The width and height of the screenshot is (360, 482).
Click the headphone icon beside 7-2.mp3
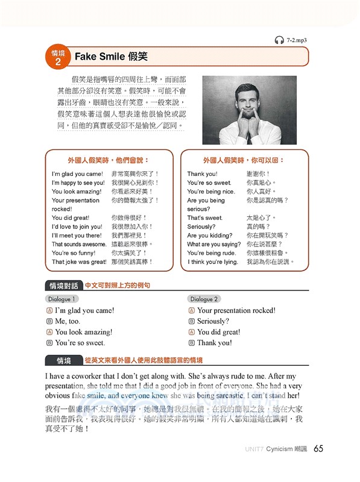click(x=279, y=40)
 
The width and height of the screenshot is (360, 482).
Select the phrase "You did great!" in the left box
click(x=71, y=218)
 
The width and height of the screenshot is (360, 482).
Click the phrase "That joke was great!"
click(x=79, y=261)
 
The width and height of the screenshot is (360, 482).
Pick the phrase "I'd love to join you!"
click(x=77, y=227)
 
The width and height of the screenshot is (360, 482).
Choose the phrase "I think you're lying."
click(x=213, y=261)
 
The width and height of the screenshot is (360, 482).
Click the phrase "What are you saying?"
click(x=213, y=244)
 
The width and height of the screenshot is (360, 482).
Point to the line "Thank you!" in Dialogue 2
click(x=214, y=343)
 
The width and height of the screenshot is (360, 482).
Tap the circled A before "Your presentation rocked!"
click(x=191, y=310)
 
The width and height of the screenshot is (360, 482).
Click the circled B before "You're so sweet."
click(x=49, y=343)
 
